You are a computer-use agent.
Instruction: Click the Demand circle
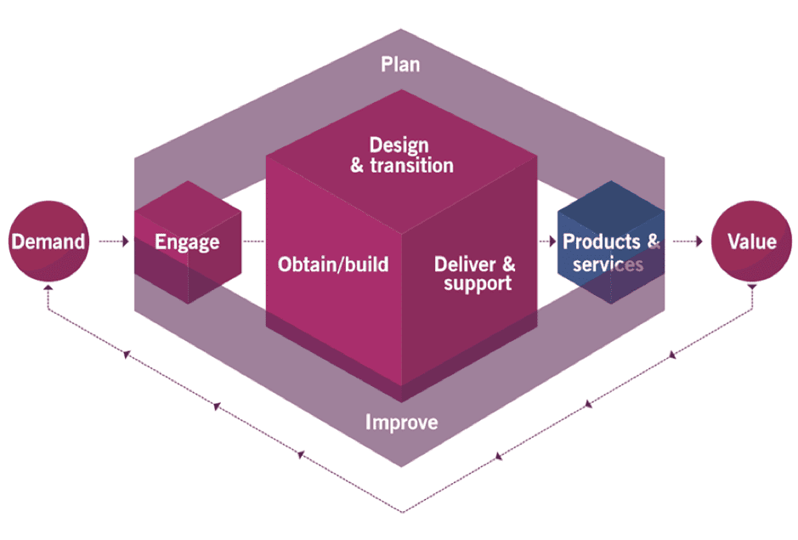[x=48, y=242]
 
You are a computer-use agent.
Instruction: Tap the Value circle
[x=751, y=242]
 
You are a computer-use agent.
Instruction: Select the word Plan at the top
[x=400, y=65]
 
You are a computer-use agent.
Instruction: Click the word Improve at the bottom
[x=402, y=422]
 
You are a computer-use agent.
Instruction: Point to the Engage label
[x=187, y=242]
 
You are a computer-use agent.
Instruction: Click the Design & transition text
[x=401, y=155]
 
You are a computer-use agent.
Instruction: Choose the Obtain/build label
[x=333, y=264]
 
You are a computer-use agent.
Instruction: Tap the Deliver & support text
[x=474, y=273]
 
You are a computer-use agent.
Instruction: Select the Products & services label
[x=610, y=253]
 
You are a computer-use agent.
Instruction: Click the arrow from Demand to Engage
[x=114, y=242]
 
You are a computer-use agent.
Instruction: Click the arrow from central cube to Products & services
[x=548, y=242]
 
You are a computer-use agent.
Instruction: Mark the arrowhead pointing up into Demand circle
[x=48, y=289]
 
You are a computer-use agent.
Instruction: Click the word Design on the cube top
[x=399, y=145]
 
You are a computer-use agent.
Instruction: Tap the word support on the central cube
[x=478, y=283]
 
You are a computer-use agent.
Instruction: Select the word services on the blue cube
[x=608, y=264]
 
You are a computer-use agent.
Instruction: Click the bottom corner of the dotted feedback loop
[x=400, y=511]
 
